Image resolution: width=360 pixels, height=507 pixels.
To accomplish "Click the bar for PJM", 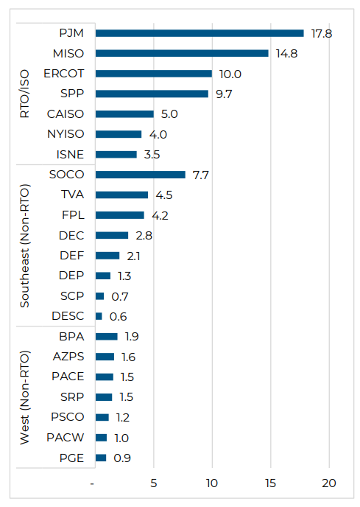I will [x=200, y=33].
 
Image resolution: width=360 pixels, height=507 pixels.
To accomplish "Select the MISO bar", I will [x=182, y=53].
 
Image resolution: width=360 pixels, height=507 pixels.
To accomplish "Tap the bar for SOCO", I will [x=141, y=175].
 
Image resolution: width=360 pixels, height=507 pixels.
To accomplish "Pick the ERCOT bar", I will [x=154, y=74].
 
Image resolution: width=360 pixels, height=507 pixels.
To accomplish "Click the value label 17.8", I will [x=321, y=33].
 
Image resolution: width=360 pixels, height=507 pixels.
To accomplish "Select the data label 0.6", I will [x=119, y=316].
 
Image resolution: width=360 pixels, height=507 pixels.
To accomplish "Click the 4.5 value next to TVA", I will [x=164, y=195].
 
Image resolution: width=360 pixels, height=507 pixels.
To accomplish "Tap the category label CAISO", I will [x=66, y=114].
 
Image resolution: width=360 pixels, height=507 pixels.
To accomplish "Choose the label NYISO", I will [x=66, y=134].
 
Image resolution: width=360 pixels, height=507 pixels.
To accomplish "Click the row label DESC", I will [x=68, y=316].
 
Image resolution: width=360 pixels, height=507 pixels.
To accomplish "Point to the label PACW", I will [x=67, y=438].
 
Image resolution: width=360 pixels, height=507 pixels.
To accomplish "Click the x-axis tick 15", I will [x=270, y=483].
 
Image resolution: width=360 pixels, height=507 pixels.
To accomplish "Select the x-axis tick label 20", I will [x=328, y=483].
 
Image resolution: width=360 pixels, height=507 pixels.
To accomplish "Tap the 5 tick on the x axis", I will [x=154, y=483].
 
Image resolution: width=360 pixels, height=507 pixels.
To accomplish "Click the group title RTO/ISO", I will [x=25, y=94].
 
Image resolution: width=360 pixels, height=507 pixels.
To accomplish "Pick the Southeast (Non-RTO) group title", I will [x=25, y=245].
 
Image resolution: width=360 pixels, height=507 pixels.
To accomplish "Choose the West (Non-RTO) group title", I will [x=25, y=396].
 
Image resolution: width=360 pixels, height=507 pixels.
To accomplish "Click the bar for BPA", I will [x=107, y=337].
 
